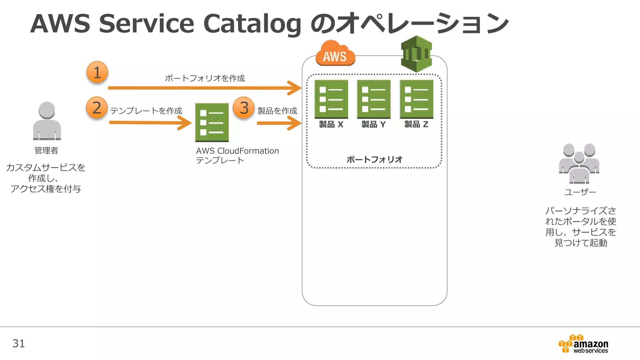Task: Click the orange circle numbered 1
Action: pyautogui.click(x=97, y=72)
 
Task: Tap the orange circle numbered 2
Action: pyautogui.click(x=97, y=107)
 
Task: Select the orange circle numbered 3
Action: pyautogui.click(x=244, y=108)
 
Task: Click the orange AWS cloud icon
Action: pyautogui.click(x=335, y=54)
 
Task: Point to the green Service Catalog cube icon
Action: pyautogui.click(x=416, y=54)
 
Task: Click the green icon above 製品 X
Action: pyautogui.click(x=331, y=99)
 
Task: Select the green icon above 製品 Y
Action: pyautogui.click(x=374, y=99)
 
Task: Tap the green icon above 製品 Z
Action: pyautogui.click(x=417, y=99)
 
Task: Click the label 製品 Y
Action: pyautogui.click(x=374, y=124)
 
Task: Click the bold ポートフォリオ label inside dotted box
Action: pyautogui.click(x=374, y=159)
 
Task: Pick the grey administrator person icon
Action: pyautogui.click(x=47, y=121)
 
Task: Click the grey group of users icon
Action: pyautogui.click(x=579, y=163)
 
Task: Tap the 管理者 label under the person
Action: pyautogui.click(x=46, y=150)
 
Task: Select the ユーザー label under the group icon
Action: pyautogui.click(x=580, y=192)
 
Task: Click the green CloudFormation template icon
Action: pyautogui.click(x=212, y=122)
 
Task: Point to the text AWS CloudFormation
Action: pyautogui.click(x=237, y=151)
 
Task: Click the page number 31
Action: pyautogui.click(x=18, y=343)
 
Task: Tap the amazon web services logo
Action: pyautogui.click(x=583, y=344)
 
